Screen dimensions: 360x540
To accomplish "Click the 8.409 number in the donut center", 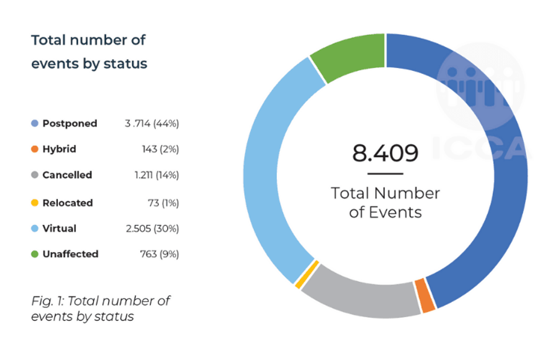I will [385, 152].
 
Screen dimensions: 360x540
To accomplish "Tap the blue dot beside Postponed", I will [35, 123].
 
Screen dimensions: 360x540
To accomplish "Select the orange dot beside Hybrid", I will [35, 149].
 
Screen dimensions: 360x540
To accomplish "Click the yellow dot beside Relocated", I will [35, 202].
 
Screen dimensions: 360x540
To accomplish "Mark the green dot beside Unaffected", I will [35, 254].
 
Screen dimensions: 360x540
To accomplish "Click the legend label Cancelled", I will [67, 175].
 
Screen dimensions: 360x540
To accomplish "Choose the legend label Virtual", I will [59, 228].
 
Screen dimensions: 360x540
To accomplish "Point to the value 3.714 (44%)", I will [152, 123].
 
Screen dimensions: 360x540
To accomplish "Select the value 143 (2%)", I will [160, 149].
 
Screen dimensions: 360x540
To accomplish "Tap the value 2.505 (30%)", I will [152, 228].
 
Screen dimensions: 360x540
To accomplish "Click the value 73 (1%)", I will [163, 202].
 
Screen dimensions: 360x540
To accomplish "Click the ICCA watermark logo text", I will [481, 147].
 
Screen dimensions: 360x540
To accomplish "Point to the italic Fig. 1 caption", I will [100, 308].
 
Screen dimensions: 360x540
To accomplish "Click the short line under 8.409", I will [385, 174].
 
